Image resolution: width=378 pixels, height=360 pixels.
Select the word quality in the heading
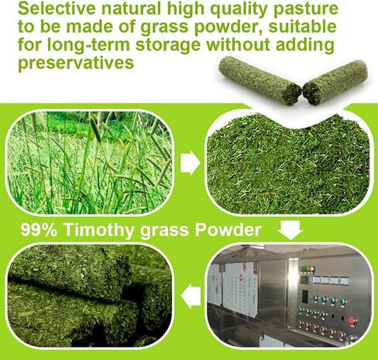pyautogui.click(x=242, y=9)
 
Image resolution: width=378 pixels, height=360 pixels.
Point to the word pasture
pyautogui.click(x=306, y=9)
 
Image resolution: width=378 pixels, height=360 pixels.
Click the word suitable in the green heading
pyautogui.click(x=302, y=26)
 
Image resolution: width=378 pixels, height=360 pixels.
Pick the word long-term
pyautogui.click(x=88, y=46)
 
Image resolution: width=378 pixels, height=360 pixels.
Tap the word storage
pyautogui.click(x=168, y=46)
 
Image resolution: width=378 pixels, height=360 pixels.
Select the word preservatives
pyautogui.click(x=76, y=63)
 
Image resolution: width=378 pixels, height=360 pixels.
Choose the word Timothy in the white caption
pyautogui.click(x=98, y=230)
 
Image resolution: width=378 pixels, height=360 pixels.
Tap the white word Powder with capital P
pyautogui.click(x=228, y=229)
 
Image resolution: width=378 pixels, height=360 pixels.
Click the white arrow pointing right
pyautogui.click(x=191, y=163)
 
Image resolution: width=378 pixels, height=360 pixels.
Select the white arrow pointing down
pyautogui.click(x=290, y=230)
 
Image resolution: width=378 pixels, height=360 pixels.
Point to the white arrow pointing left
pyautogui.click(x=191, y=296)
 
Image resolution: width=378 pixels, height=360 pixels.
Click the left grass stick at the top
pyautogui.click(x=259, y=81)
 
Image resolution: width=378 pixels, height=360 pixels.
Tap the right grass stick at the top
pyautogui.click(x=335, y=82)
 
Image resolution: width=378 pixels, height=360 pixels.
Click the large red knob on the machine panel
pyautogui.click(x=352, y=321)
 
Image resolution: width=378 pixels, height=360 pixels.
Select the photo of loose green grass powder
pyautogui.click(x=289, y=165)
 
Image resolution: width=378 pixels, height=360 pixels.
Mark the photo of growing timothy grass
pyautogui.click(x=90, y=163)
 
